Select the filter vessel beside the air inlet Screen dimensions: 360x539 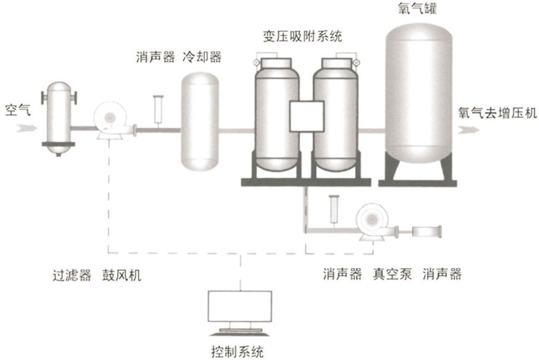(59, 117)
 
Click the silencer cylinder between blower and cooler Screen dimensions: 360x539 (158, 109)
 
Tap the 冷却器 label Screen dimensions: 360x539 (202, 56)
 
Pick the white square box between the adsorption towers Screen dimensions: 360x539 (306, 117)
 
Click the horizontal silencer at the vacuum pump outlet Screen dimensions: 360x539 (427, 232)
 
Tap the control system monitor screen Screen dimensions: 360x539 (239, 306)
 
